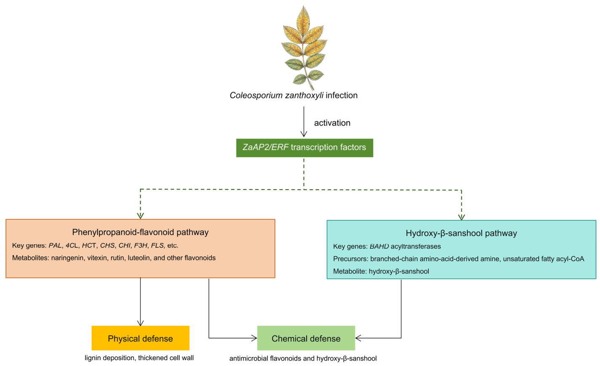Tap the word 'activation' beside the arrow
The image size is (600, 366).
click(332, 123)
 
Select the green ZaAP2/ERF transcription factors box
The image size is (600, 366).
click(304, 148)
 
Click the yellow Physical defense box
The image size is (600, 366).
click(140, 338)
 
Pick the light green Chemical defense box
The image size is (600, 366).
click(306, 338)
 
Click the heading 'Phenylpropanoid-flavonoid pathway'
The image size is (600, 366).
click(140, 232)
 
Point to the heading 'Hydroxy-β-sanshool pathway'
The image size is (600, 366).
click(461, 233)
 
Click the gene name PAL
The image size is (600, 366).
click(55, 246)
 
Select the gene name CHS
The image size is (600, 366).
click(107, 246)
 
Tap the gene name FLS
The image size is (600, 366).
click(157, 246)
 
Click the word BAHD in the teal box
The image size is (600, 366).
click(379, 246)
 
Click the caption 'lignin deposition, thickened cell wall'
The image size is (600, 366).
click(139, 358)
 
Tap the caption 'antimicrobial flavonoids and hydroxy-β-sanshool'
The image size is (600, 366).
click(303, 358)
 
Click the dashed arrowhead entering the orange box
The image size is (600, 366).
click(140, 216)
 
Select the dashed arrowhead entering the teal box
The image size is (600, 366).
click(461, 217)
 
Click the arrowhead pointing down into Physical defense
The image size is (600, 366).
click(140, 323)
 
